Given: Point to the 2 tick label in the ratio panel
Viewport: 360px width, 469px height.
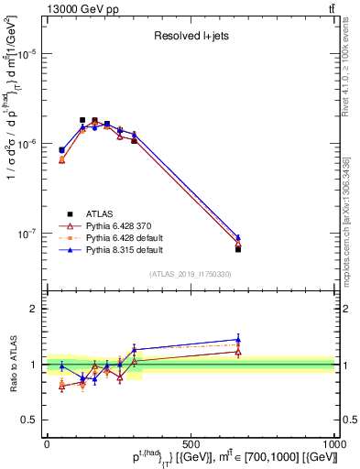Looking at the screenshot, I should coord(35,309).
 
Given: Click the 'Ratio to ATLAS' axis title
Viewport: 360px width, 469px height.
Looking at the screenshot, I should coord(10,365).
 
